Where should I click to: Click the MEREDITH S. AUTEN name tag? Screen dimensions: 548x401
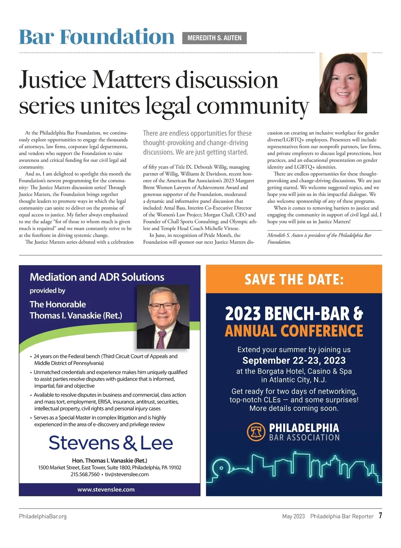pyautogui.click(x=214, y=38)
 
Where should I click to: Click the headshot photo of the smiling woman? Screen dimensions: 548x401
pyautogui.click(x=343, y=83)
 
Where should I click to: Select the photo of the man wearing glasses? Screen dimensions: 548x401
pyautogui.click(x=163, y=316)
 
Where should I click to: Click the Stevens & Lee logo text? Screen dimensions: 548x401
pyautogui.click(x=111, y=443)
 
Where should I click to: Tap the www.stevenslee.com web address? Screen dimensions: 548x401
pyautogui.click(x=106, y=489)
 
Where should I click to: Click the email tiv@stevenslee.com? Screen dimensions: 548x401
pyautogui.click(x=127, y=474)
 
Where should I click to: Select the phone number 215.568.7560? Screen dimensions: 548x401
pyautogui.click(x=85, y=474)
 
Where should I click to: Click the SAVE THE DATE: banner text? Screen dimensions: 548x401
pyautogui.click(x=294, y=279)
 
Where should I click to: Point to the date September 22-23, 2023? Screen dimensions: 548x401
pyautogui.click(x=294, y=360)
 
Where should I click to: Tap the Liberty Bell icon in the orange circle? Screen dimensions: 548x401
pyautogui.click(x=256, y=432)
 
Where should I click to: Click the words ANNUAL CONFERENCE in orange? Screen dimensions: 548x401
pyautogui.click(x=294, y=331)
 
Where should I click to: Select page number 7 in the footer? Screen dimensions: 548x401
pyautogui.click(x=380, y=516)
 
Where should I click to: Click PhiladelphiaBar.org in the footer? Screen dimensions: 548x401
pyautogui.click(x=43, y=516)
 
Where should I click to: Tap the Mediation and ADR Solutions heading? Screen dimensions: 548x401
pyautogui.click(x=97, y=277)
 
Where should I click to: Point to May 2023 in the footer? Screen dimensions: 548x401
pyautogui.click(x=293, y=516)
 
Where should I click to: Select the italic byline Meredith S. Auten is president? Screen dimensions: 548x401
pyautogui.click(x=319, y=235)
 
